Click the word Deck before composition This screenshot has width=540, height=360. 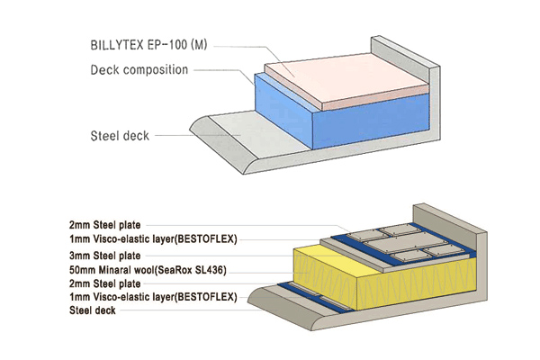point(105,70)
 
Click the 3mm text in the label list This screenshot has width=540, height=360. point(80,255)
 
